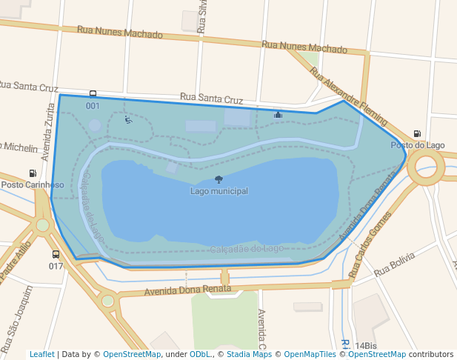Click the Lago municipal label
[x=219, y=191]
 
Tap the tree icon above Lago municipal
[x=219, y=179]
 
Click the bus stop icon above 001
[x=93, y=94]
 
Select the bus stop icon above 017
[x=56, y=254]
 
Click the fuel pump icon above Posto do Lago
[x=417, y=134]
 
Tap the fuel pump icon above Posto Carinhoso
[x=32, y=173]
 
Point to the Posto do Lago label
[x=418, y=145]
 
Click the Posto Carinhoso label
[x=32, y=184]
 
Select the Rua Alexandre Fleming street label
[x=348, y=96]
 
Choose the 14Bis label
[x=366, y=346]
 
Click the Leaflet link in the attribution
[x=41, y=355]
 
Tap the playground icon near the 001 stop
[x=129, y=120]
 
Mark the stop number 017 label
[x=56, y=266]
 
